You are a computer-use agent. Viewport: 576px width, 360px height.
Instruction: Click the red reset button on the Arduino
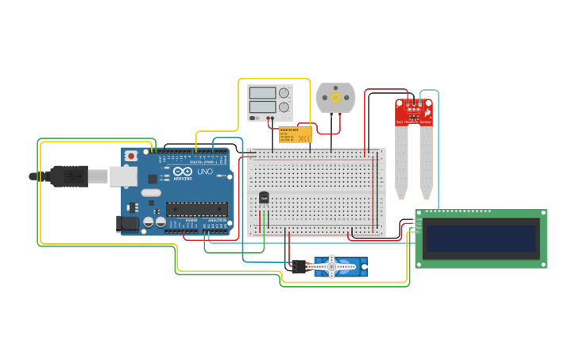pyautogui.click(x=130, y=157)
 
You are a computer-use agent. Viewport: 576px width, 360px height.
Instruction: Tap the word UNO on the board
pyautogui.click(x=205, y=172)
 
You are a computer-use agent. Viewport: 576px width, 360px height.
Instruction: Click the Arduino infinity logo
pyautogui.click(x=182, y=172)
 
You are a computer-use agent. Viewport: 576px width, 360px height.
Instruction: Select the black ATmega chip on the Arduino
pyautogui.click(x=197, y=209)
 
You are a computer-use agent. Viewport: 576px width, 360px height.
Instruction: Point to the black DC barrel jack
pyautogui.click(x=128, y=224)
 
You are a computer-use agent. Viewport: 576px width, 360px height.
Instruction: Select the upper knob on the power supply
pyautogui.click(x=284, y=93)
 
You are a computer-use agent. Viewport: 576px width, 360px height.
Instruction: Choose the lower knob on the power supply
pyautogui.click(x=284, y=106)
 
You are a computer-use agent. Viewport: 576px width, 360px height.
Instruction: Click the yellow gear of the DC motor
pyautogui.click(x=335, y=98)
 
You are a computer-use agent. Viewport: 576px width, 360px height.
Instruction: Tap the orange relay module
pyautogui.click(x=295, y=134)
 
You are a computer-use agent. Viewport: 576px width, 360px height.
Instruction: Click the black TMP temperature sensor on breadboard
pyautogui.click(x=264, y=197)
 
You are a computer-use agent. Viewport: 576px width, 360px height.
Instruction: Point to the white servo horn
pyautogui.click(x=332, y=268)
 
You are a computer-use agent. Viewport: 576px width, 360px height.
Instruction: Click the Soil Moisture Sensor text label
pyautogui.click(x=414, y=122)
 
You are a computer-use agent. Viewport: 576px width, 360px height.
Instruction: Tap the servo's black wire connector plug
pyautogui.click(x=300, y=267)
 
